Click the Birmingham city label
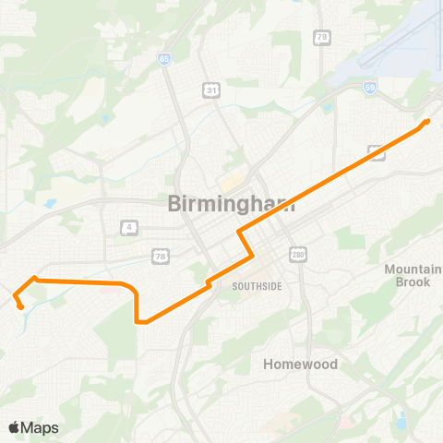[232, 205]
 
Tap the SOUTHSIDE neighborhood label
[257, 286]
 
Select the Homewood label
[300, 364]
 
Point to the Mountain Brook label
[407, 275]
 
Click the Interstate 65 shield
[162, 57]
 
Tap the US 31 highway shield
[210, 89]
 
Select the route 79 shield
[321, 37]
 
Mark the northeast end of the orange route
[427, 121]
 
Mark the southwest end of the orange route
[20, 306]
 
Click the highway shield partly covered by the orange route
[376, 152]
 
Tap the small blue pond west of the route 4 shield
[50, 202]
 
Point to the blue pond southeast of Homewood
[401, 421]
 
